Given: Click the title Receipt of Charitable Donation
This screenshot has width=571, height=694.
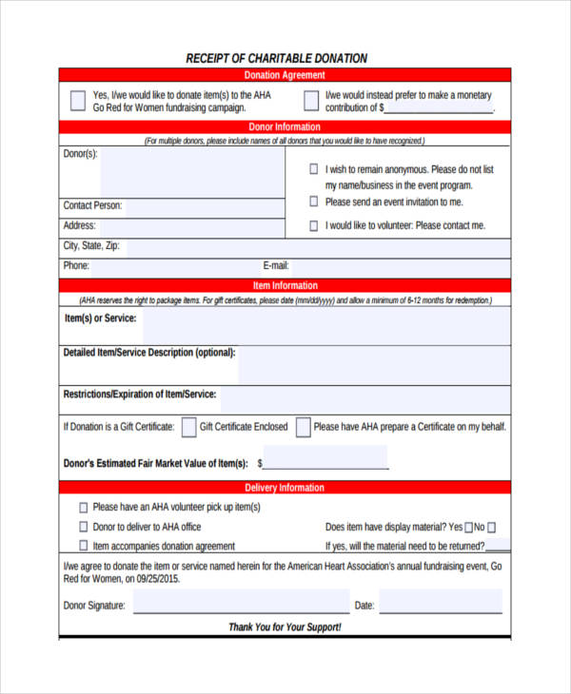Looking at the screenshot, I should [x=277, y=58].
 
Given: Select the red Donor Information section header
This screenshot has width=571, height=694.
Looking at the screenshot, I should [x=285, y=126].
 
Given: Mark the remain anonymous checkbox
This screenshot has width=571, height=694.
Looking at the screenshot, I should [x=314, y=169].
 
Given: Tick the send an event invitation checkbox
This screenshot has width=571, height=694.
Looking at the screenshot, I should [x=314, y=202].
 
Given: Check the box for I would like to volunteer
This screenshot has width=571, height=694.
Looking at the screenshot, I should [x=314, y=225].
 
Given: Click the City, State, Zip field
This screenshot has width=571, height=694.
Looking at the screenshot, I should [x=314, y=247].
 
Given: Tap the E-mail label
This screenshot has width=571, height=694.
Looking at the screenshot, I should [x=276, y=266].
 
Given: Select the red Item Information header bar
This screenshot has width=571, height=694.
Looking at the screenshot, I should [x=285, y=285].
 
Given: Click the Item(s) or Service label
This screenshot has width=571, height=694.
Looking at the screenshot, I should [x=99, y=318].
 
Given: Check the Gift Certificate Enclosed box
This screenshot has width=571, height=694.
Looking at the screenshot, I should [x=189, y=427].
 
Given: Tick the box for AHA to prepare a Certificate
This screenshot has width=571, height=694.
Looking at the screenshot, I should [x=304, y=427].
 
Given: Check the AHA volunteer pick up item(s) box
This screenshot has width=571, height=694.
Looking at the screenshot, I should [x=84, y=508].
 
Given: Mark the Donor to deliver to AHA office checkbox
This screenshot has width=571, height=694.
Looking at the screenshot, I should [x=84, y=527].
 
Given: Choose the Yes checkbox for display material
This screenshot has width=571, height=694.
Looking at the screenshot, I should [x=468, y=527].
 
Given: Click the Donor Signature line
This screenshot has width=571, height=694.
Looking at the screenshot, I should [x=241, y=605].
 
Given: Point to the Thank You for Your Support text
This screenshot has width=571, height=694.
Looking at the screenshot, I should [x=285, y=627].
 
